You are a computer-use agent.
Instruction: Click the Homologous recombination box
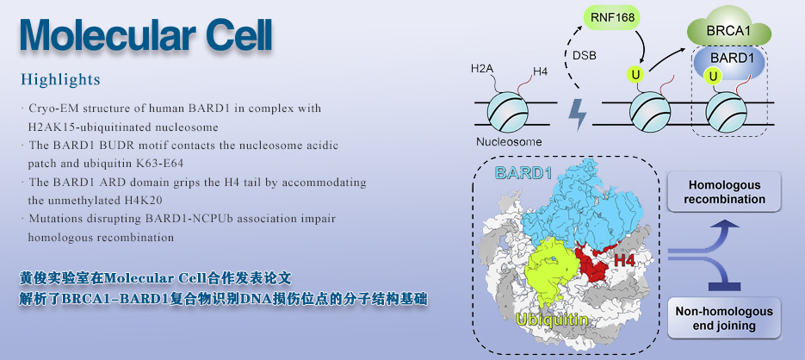pos(724,192)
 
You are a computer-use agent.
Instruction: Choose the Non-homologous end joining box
pos(724,319)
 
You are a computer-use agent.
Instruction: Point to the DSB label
pos(585,56)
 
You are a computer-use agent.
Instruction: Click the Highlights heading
pos(60,80)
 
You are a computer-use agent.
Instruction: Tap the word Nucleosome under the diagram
pos(508,142)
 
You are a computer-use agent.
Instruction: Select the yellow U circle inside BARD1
pos(713,77)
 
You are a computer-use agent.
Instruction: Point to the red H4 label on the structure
pos(624,260)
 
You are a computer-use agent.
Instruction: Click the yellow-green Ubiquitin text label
pos(552,320)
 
